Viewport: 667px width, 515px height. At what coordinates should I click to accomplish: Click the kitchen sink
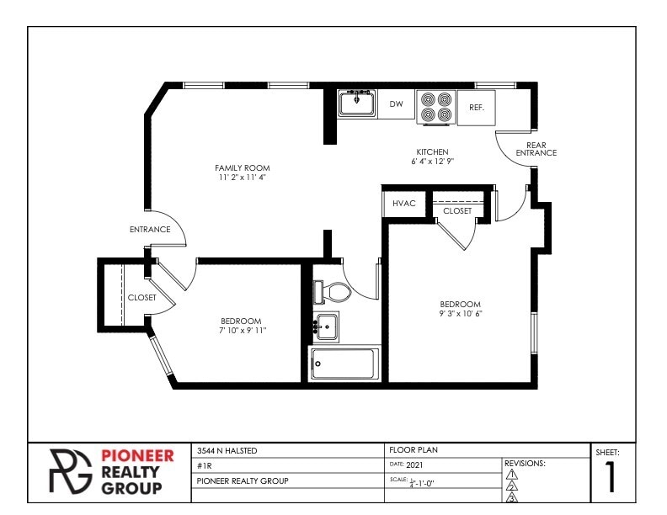pos(356,103)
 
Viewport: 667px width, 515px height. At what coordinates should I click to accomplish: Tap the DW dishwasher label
pos(396,104)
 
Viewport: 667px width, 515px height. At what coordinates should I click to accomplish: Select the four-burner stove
pos(436,108)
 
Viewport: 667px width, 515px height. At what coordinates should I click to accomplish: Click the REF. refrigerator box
pos(477,108)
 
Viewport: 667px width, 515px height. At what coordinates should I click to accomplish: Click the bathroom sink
pos(326,327)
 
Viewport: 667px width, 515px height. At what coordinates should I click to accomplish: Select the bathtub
pos(344,364)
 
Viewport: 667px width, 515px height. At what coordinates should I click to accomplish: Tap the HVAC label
pos(403,203)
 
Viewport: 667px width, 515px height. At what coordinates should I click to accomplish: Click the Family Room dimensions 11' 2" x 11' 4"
pos(242,178)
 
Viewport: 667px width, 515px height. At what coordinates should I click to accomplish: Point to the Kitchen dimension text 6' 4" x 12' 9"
pos(433,161)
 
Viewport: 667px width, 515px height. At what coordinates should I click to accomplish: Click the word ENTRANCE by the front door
pos(150,230)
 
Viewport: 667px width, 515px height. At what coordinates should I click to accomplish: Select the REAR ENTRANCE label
pos(536,149)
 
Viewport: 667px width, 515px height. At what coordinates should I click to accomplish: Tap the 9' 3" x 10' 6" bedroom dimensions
pos(461,314)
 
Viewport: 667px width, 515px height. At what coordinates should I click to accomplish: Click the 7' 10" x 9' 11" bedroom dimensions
pos(243,330)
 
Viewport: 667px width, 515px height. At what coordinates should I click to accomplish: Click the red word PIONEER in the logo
pos(137,456)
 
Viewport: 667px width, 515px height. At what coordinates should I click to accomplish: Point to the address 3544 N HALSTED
pos(227,450)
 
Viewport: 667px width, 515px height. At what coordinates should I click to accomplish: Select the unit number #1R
pos(204,465)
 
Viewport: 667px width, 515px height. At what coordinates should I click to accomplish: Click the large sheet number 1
pos(611,477)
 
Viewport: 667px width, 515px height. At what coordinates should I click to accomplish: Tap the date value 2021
pos(414,465)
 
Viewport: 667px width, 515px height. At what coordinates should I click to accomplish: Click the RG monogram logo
pos(70,471)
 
